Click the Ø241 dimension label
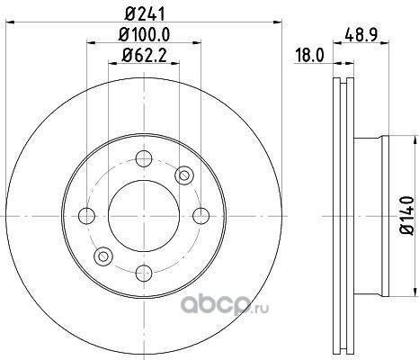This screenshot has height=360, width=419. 145,13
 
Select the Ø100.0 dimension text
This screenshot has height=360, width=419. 144,34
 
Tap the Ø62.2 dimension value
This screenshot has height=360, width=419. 144,56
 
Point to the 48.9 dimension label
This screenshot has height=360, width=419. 361,34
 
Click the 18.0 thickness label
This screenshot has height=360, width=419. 309,56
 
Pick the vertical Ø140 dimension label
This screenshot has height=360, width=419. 406,215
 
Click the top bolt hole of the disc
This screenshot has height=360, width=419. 144,158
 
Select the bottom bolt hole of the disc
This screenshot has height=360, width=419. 144,273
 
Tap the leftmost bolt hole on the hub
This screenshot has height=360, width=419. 86,216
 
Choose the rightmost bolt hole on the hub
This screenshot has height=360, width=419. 201,216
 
